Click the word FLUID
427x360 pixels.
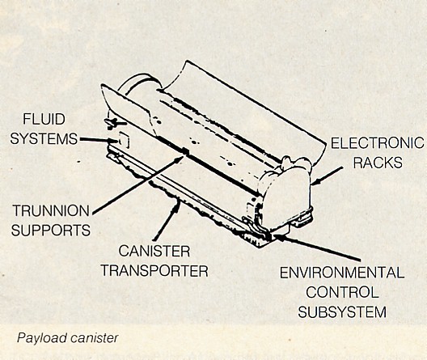[44, 119]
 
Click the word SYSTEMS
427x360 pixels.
[44, 138]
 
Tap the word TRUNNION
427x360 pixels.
[51, 211]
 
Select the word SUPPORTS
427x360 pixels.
[51, 231]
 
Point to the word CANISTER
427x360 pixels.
[154, 251]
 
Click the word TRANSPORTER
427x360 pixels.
[154, 271]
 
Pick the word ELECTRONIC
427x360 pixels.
[378, 142]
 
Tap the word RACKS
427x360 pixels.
[378, 163]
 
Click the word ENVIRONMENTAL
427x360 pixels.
[342, 273]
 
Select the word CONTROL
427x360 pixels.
[342, 292]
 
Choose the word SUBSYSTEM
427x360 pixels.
[342, 311]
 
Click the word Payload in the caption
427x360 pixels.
[42, 338]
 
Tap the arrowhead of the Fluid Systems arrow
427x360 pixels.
[113, 141]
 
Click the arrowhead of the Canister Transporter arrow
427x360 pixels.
[177, 205]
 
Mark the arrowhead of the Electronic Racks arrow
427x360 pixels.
[317, 182]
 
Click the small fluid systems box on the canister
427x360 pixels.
[124, 140]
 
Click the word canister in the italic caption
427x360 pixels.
[95, 338]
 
